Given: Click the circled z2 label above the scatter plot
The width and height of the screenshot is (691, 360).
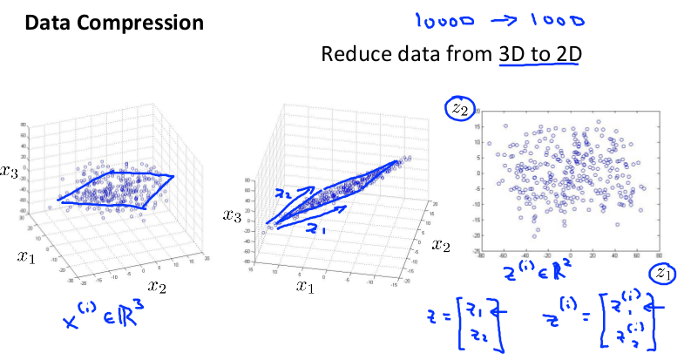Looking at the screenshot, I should pos(458,108).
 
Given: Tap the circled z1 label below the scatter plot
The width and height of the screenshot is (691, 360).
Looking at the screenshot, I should pos(665,274).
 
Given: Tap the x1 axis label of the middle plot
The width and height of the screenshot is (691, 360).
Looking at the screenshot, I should pos(304,285).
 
